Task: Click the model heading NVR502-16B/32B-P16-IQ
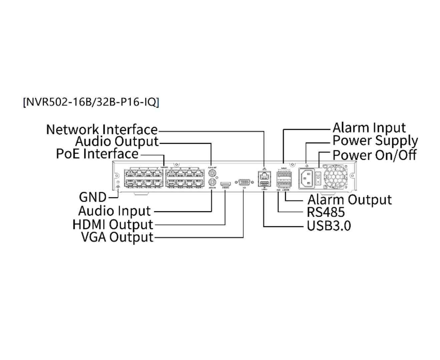[91, 102]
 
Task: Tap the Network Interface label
[102, 129]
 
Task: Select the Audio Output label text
[117, 141]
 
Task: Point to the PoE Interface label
[97, 154]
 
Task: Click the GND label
[93, 197]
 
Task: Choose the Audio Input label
[114, 211]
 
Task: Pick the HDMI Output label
[113, 225]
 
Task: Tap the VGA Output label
[117, 237]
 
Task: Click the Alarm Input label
[369, 128]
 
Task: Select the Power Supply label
[375, 141]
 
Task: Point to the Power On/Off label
[374, 155]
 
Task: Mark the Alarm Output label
[349, 200]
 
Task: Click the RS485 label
[326, 212]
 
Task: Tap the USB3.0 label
[329, 226]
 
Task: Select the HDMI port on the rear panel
[226, 184]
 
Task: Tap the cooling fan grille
[335, 177]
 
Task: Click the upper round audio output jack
[212, 173]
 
